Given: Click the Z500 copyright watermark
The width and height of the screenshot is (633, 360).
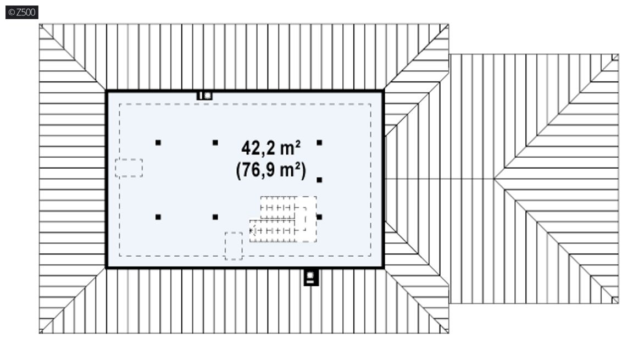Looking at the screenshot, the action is (22, 12).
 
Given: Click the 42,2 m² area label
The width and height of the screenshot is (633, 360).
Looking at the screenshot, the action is (271, 148).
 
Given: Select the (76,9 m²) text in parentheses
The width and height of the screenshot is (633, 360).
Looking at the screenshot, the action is (271, 170).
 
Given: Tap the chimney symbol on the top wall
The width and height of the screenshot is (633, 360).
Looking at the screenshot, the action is (204, 96).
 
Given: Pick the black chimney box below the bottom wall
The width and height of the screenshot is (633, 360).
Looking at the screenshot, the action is (311, 277).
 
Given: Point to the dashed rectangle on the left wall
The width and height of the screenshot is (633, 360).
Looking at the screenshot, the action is (129, 168).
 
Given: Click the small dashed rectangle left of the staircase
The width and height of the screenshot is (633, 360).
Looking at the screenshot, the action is (234, 246).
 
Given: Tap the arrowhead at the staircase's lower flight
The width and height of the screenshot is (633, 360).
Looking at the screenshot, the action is (252, 231).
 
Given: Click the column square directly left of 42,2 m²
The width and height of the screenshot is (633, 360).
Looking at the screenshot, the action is (215, 142).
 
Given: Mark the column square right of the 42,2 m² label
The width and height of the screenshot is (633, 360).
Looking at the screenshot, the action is (319, 142).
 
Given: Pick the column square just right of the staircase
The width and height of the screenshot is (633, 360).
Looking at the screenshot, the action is (319, 217).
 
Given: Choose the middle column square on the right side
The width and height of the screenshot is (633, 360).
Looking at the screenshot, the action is (319, 180).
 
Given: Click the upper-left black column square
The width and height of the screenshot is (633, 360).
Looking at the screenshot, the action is (158, 142).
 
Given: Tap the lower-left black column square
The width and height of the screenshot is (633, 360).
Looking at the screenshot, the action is (158, 217).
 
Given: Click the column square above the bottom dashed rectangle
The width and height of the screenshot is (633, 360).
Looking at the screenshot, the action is (215, 217).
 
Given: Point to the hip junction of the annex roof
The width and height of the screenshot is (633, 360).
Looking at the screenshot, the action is (495, 179).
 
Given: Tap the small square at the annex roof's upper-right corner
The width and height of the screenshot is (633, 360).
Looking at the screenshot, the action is (615, 57).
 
